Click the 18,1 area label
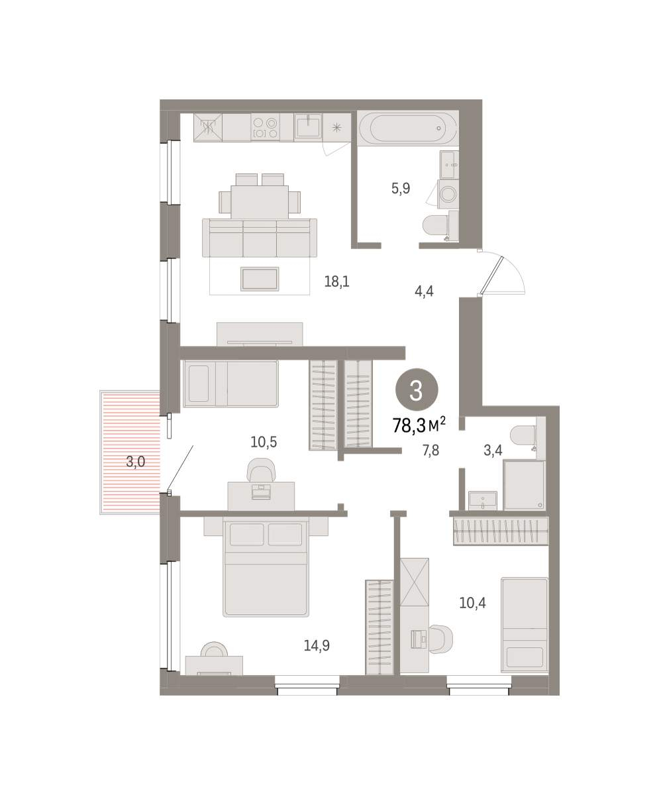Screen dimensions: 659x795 [336, 282]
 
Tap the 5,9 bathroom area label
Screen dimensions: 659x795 [401, 188]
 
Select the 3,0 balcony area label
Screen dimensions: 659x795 [136, 462]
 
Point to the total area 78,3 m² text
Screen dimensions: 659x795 [419, 425]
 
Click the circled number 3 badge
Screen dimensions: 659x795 [417, 390]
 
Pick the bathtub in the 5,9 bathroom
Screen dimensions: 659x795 [408, 129]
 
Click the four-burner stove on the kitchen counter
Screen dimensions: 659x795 [265, 128]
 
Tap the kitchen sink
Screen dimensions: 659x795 [308, 126]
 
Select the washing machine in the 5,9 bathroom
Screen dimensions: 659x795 [448, 194]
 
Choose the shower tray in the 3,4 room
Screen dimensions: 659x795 [525, 485]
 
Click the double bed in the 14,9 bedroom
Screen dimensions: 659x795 [266, 566]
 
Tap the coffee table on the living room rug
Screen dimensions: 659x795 [260, 279]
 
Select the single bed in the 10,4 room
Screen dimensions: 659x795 [525, 625]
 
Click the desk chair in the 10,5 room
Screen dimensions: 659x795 [261, 469]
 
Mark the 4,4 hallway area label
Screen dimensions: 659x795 [424, 291]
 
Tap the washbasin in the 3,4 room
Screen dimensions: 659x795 [482, 500]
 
